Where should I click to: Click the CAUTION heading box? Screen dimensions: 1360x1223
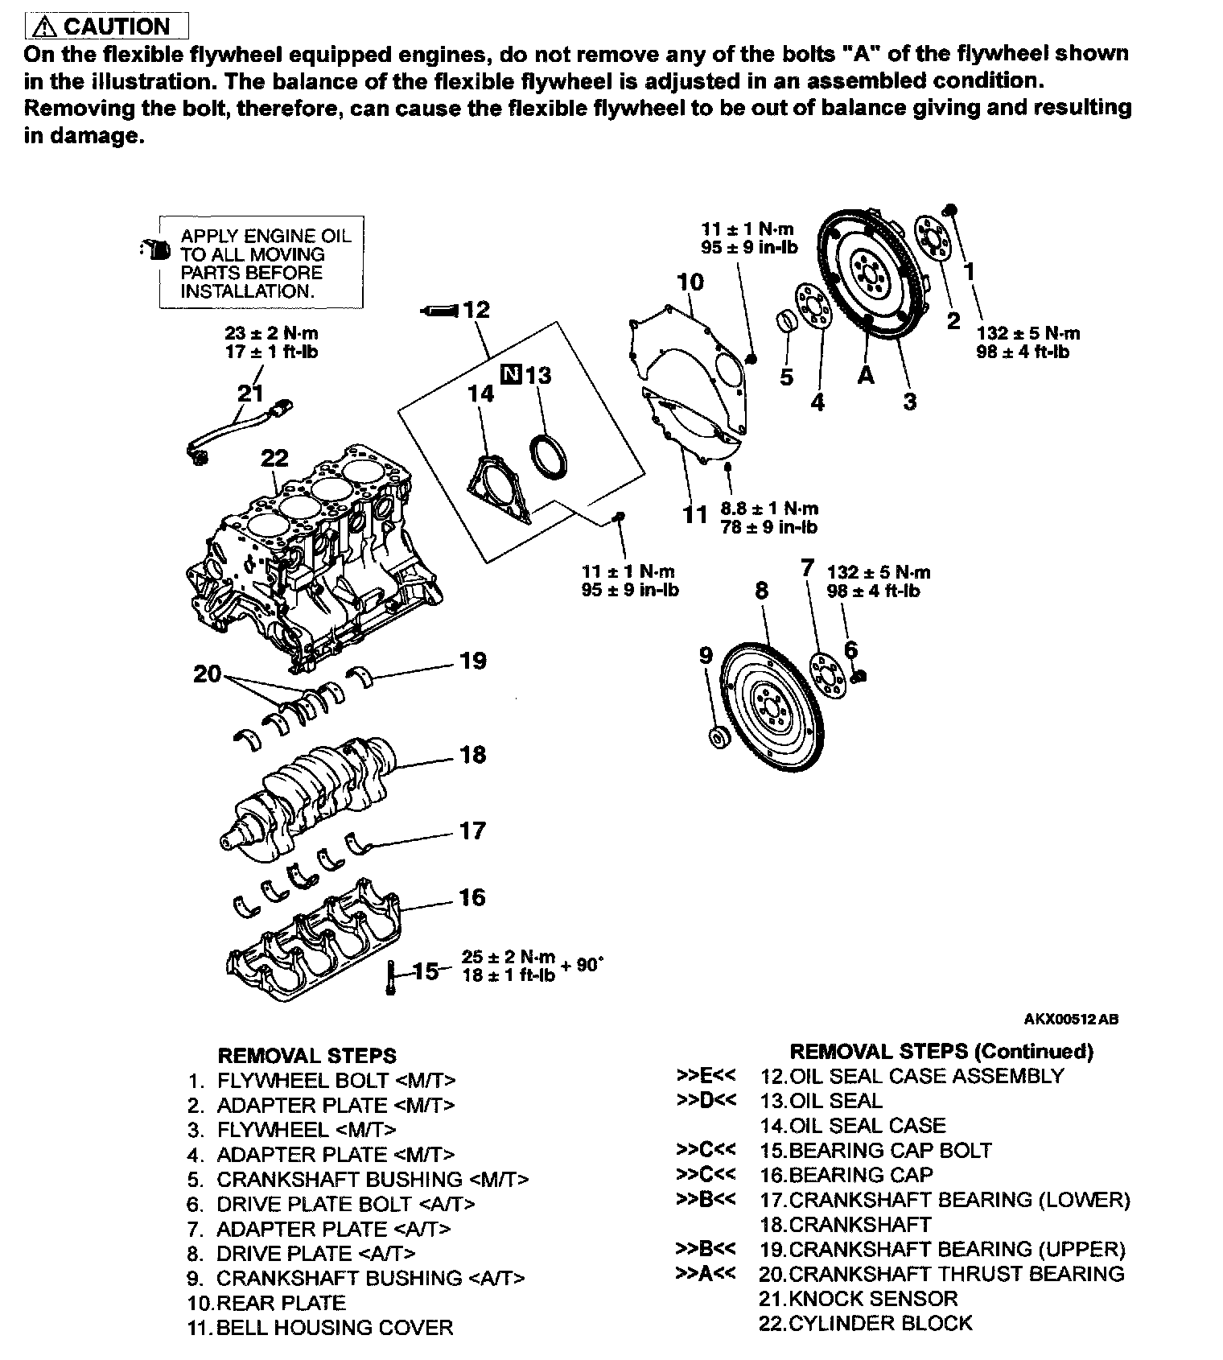107,27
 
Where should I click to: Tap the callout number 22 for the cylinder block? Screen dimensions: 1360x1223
274,458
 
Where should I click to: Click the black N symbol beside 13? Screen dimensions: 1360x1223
511,374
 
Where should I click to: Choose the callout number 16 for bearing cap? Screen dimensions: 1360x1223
472,896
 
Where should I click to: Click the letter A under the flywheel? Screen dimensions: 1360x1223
866,375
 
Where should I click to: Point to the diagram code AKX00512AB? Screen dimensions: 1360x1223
1071,1019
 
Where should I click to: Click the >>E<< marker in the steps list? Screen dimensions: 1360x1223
706,1075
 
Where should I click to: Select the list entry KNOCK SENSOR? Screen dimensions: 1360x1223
859,1298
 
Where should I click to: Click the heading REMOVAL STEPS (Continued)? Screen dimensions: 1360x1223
941,1051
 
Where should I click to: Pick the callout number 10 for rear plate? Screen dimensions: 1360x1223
690,282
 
